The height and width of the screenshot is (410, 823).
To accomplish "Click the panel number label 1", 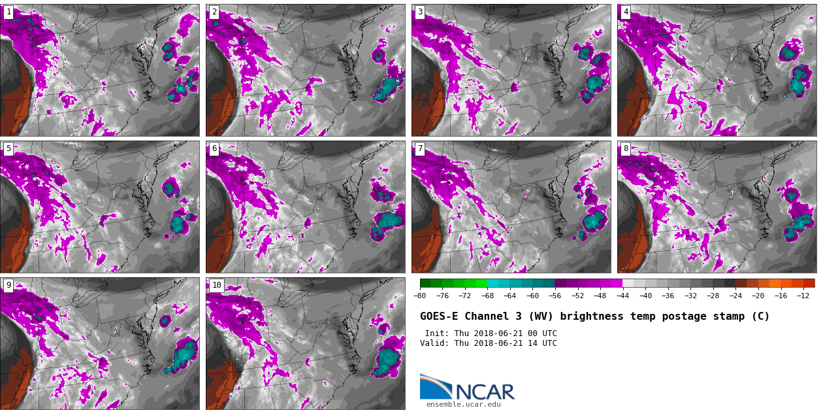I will click(x=8, y=12).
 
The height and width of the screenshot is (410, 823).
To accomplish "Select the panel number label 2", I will click(x=214, y=12).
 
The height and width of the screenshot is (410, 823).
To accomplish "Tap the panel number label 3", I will click(x=420, y=12).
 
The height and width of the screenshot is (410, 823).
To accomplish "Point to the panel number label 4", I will click(x=626, y=12).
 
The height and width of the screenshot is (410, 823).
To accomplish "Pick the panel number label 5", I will click(x=8, y=149).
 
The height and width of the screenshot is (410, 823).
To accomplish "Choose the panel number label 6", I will click(x=214, y=149).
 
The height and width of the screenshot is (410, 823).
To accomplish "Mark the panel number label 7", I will click(x=420, y=149).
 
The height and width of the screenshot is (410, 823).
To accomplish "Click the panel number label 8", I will click(x=626, y=149).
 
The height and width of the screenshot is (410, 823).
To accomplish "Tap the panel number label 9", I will click(x=8, y=286).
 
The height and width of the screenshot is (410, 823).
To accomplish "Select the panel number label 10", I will click(x=216, y=286).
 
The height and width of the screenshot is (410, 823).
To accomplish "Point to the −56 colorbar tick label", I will click(x=555, y=296).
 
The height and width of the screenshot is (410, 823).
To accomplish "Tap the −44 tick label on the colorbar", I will click(x=622, y=296).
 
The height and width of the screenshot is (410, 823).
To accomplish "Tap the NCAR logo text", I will click(x=485, y=392).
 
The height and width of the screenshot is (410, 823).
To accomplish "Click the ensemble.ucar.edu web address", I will click(x=463, y=405).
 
